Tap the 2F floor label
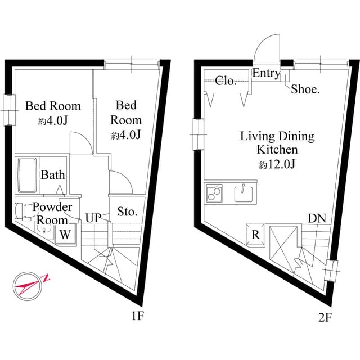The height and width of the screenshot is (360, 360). coord(325,317)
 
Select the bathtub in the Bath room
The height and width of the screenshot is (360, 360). coord(27,175)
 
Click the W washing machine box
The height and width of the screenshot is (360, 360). coord(65,235)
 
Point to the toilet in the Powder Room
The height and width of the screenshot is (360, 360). coord(24,210)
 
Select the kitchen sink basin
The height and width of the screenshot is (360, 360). coord(245,194)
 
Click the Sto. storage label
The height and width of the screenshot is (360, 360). coord(128,212)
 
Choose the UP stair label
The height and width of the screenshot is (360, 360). coord(93,217)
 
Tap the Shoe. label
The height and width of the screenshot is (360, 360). coord(305,89)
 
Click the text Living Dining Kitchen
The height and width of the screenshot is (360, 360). coord(277,143)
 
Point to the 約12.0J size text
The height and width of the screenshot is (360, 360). coord(277,165)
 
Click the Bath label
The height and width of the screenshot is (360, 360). coord(52,175)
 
